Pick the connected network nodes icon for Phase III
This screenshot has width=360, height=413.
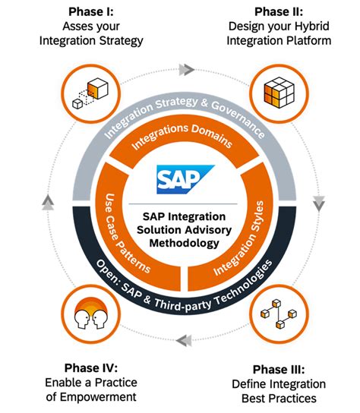pos(279,311)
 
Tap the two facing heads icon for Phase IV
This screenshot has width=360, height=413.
pos(88,312)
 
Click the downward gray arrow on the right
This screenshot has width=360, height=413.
pos(318,203)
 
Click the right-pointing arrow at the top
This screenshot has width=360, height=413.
pos(185,69)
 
